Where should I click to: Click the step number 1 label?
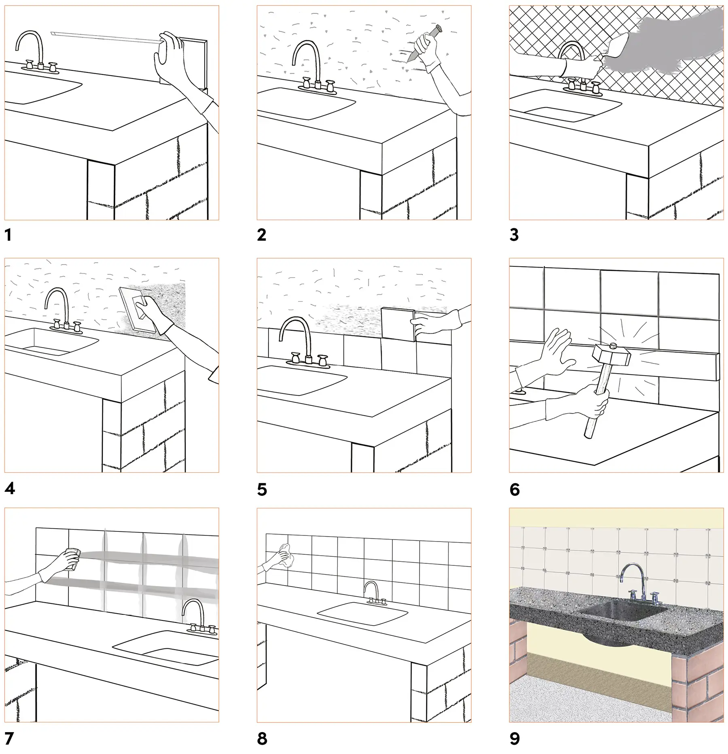[8, 235]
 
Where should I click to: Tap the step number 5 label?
[262, 490]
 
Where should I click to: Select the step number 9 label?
[514, 739]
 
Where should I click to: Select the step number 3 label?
[514, 235]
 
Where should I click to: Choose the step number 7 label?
[9, 739]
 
